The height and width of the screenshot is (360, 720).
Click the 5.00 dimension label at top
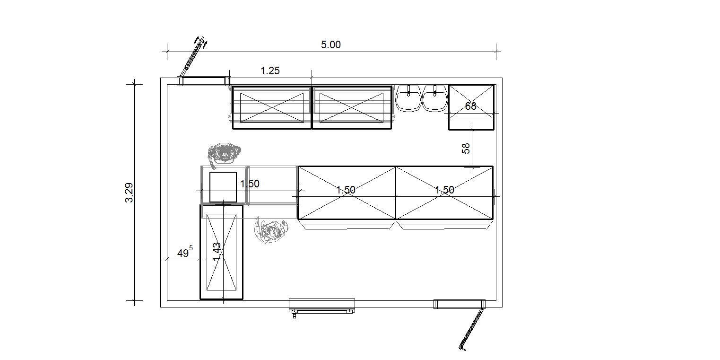(331, 45)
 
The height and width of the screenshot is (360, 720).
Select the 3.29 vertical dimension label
(129, 193)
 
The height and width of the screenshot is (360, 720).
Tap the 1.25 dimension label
(270, 71)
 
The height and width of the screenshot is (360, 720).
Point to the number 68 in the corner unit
(470, 106)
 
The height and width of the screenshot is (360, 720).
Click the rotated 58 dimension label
(466, 149)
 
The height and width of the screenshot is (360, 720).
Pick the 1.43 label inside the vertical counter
(217, 252)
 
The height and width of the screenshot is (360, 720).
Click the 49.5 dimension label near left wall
(185, 252)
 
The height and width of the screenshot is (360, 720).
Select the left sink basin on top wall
(408, 98)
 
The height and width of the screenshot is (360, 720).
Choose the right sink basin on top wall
(435, 98)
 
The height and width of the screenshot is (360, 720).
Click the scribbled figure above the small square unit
(224, 154)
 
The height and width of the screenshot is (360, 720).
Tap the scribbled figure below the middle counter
(271, 230)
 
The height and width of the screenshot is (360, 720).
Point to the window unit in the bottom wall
(322, 306)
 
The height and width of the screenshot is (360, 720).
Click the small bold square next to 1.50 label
(223, 187)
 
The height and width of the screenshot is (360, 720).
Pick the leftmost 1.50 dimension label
(250, 184)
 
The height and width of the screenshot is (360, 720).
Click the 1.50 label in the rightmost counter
(444, 190)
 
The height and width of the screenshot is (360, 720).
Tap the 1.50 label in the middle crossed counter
(346, 190)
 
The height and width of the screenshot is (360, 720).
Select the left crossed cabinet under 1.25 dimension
(272, 107)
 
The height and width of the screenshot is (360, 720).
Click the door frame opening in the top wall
(204, 81)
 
